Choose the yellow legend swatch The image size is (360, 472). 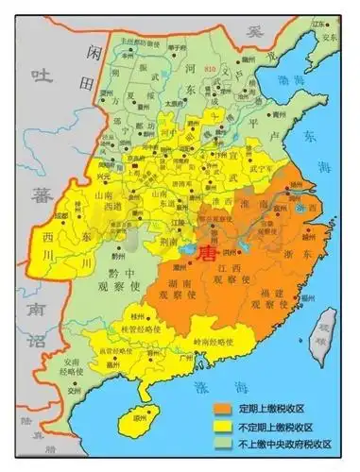pos(224,428)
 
